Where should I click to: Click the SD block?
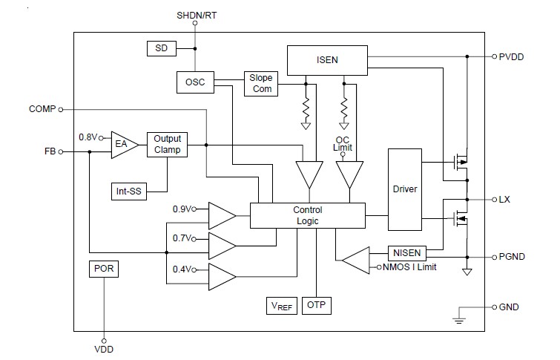159,48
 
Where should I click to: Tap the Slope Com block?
260,83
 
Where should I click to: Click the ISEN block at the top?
326,59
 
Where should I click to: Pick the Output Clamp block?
167,144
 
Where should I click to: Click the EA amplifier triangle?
122,144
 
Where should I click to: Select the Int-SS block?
129,191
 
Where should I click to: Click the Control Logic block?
307,215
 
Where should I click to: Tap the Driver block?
404,189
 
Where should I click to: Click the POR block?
104,269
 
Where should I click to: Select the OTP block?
316,305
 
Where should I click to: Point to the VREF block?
282,305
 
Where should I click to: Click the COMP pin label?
42,109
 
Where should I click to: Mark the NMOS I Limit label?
412,266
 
